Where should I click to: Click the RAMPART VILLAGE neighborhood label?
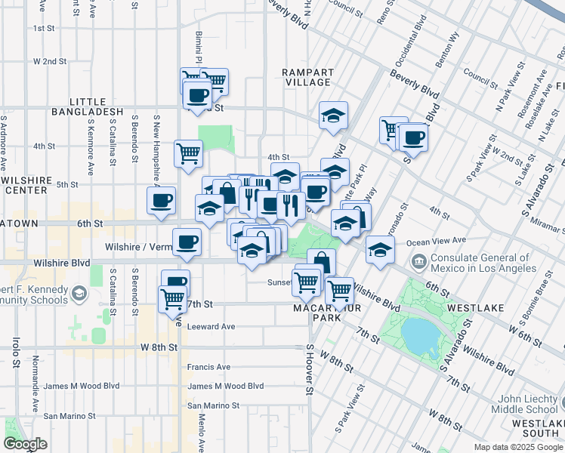[x=307, y=76]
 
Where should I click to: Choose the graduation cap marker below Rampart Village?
[x=333, y=116]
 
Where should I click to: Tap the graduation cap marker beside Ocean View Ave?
[x=380, y=248]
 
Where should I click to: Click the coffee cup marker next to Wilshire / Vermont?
[x=187, y=242]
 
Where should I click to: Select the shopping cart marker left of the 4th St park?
[x=188, y=153]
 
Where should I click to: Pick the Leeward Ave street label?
[x=211, y=327]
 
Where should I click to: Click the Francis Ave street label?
[x=209, y=367]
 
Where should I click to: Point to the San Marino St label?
[x=69, y=415]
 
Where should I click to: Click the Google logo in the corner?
[x=25, y=444]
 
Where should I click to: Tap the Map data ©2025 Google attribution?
[x=517, y=447]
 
